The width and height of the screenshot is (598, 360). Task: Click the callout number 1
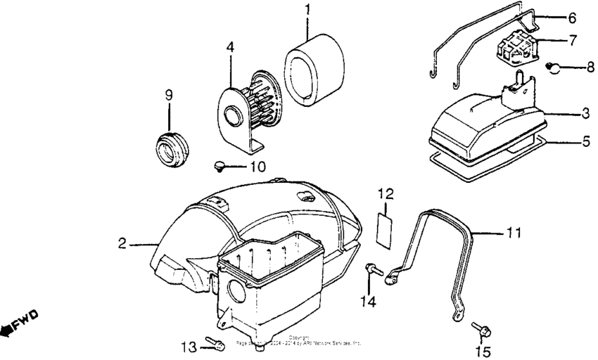pos(307,12)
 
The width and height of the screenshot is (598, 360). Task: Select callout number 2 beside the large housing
pos(122,243)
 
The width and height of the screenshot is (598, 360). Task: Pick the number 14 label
pos(369,301)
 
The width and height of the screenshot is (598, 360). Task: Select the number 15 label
pos(483,351)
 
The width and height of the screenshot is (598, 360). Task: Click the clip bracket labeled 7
pos(518,48)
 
